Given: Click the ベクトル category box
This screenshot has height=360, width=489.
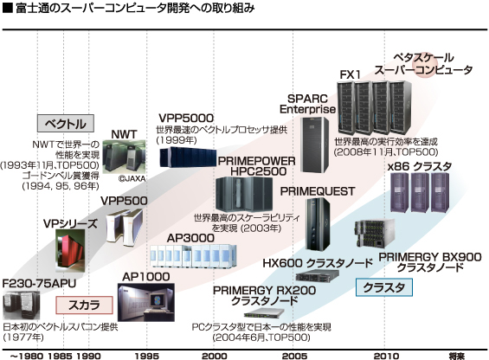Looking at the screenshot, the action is tap(66, 124).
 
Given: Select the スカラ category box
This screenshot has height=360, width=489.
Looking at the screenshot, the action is tap(84, 305).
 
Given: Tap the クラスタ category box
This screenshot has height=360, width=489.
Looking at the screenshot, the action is tap(384, 287).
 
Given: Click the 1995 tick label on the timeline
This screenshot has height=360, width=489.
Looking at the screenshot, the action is tap(147, 356).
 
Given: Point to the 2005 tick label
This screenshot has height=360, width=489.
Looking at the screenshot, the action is tap(294, 356).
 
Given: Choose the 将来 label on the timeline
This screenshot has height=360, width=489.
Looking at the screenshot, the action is tap(457, 356).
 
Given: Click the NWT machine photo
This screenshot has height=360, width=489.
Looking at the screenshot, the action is tap(124, 156).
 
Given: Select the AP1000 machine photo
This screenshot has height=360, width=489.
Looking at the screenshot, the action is tap(146, 302).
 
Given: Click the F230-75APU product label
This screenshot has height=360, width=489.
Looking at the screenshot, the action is tap(39, 284).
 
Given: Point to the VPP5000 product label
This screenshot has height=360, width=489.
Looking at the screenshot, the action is tap(186, 119).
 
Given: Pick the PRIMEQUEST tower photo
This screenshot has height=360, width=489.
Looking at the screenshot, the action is tap(318, 223).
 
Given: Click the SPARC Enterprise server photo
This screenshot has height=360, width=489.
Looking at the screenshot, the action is tap(314, 145).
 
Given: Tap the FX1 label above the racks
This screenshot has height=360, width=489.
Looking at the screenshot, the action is tap(350, 75).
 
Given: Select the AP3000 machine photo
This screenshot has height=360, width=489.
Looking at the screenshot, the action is tap(193, 256).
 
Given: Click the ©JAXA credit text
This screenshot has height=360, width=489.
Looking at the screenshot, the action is tap(132, 178).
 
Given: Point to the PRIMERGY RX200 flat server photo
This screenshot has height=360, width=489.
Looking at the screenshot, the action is tap(265, 312).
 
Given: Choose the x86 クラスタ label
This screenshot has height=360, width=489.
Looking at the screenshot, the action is tap(420, 166).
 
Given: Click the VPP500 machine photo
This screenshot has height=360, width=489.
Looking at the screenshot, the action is tap(125, 226).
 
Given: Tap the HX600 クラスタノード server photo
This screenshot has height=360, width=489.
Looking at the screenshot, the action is tap(317, 275).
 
